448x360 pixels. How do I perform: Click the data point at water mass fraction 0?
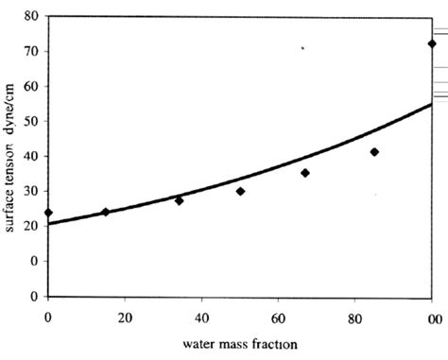tap(48, 213)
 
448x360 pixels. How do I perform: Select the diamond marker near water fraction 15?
tap(105, 212)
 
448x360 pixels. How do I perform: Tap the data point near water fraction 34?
tap(179, 200)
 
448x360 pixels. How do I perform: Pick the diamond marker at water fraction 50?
tap(240, 191)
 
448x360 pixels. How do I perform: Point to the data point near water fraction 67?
tap(304, 173)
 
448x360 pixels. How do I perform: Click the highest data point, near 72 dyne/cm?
tap(432, 43)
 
